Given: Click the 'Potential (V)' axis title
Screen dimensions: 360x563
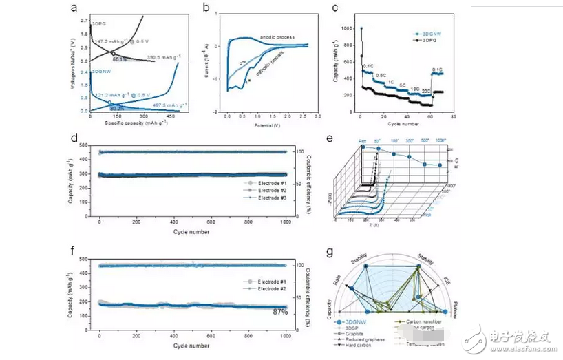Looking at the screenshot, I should (264, 127).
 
